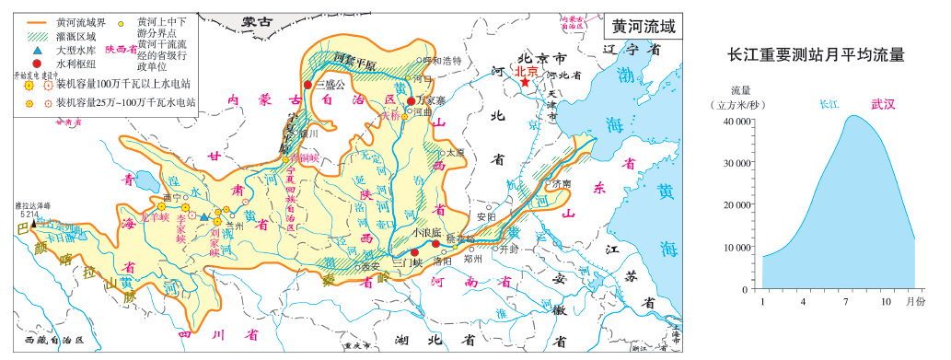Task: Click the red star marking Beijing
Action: [x=526, y=82]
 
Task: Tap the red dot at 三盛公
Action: [x=307, y=85]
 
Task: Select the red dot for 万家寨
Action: [x=411, y=90]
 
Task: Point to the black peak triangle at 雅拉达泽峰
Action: [x=34, y=222]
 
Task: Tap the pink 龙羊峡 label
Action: [x=161, y=217]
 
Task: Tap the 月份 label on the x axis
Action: [x=915, y=301]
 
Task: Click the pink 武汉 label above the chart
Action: [x=882, y=104]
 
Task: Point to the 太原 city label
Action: [x=456, y=153]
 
